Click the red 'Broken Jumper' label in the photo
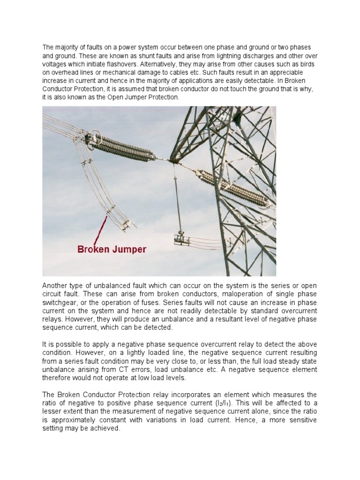(x=112, y=249)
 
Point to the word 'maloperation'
(x=206, y=294)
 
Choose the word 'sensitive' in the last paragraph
(x=300, y=420)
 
